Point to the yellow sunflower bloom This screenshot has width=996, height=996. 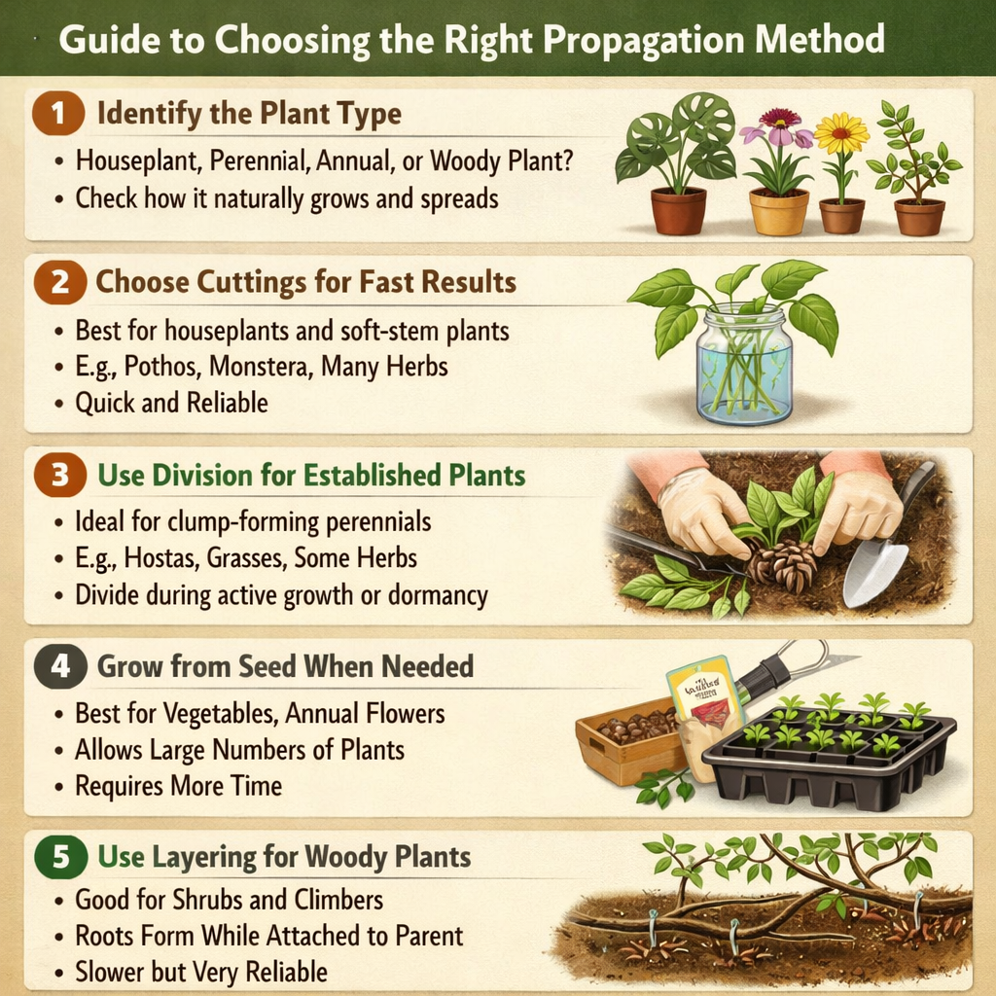840,133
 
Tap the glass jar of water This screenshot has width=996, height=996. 743,365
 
